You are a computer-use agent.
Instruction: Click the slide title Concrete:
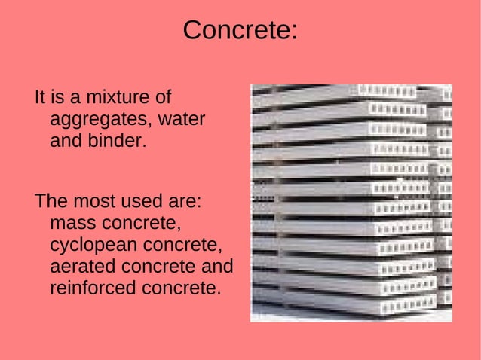[240, 30]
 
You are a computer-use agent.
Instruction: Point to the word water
[182, 119]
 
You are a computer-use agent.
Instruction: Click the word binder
[119, 140]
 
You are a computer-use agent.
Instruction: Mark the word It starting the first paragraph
[40, 98]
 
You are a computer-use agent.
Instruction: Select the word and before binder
[66, 140]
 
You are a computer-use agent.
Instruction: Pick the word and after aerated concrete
[217, 267]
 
